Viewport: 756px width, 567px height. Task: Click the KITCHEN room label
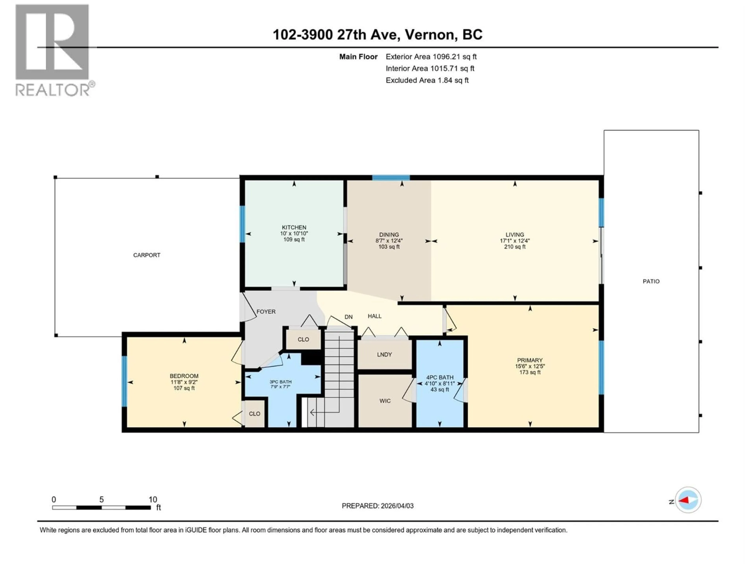pos(294,227)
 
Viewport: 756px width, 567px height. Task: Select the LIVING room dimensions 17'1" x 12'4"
pos(515,241)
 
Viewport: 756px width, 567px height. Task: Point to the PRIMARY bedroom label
pos(530,360)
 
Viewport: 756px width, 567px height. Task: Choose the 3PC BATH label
pos(280,382)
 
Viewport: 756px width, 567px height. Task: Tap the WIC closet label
pos(385,401)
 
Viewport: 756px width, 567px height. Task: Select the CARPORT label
pos(147,255)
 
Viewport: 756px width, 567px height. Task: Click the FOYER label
pos(266,311)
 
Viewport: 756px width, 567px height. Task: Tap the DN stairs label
pos(348,317)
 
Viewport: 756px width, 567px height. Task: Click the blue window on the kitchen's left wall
pos(242,224)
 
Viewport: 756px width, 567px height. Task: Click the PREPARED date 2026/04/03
pos(377,506)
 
